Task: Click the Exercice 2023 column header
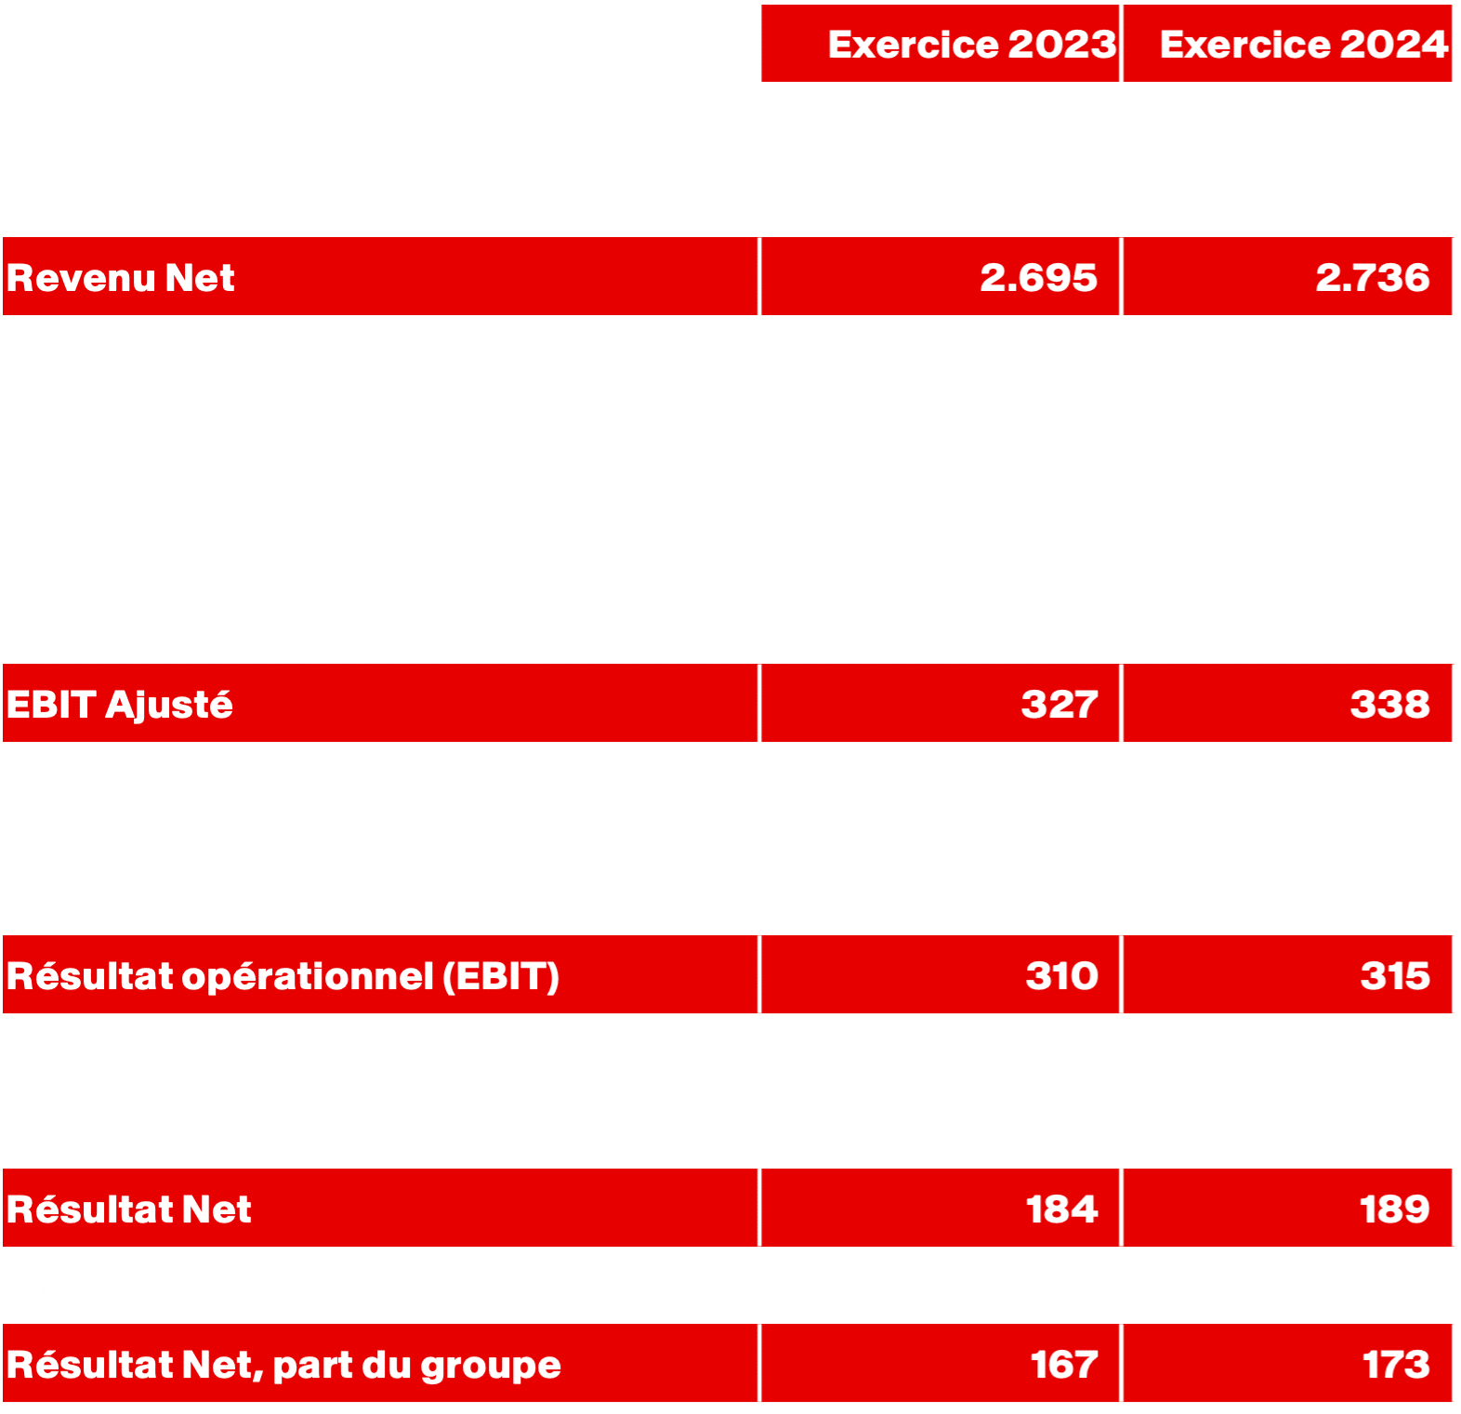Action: (x=971, y=45)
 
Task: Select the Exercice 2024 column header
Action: (x=1303, y=45)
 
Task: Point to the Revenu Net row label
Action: (x=121, y=278)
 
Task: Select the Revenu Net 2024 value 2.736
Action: (x=1372, y=278)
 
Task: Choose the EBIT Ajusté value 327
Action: (x=1059, y=704)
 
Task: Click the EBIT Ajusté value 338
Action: (x=1389, y=704)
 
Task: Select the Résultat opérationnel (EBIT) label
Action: (x=283, y=976)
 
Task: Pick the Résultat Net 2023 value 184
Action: (x=1061, y=1209)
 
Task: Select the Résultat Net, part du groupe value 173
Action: (x=1395, y=1365)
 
